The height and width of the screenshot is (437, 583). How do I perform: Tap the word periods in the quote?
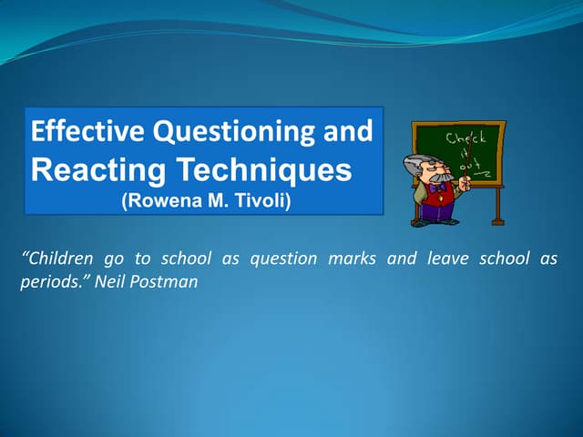coord(46,282)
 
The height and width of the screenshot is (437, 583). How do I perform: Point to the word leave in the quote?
coord(445,259)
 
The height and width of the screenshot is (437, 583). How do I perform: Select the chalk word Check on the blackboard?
coord(465,138)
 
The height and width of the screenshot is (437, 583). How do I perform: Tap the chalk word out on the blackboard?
coord(468,166)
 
